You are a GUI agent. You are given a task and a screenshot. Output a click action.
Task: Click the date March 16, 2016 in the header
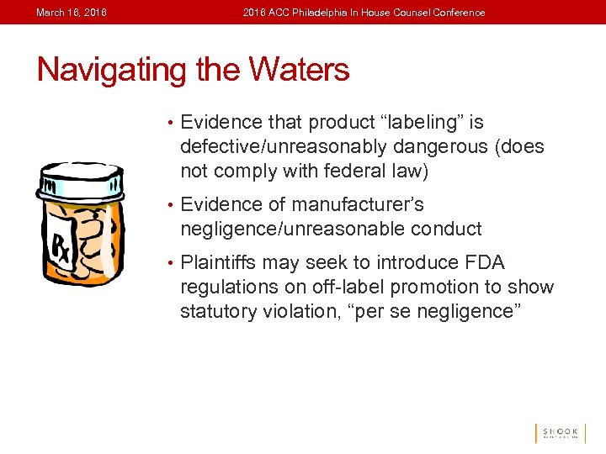pos(72,13)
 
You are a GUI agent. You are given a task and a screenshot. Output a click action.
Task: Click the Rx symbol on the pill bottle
pos(64,247)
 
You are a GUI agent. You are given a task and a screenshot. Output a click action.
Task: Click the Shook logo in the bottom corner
pos(558,432)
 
